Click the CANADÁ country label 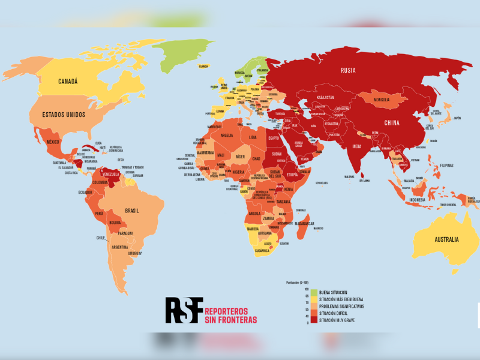tap(68, 82)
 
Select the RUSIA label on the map tap(348, 70)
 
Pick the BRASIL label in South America tap(132, 211)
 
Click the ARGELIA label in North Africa tap(223, 136)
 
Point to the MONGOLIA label tap(386, 100)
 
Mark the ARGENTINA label tap(119, 247)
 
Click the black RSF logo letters tap(184, 310)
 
